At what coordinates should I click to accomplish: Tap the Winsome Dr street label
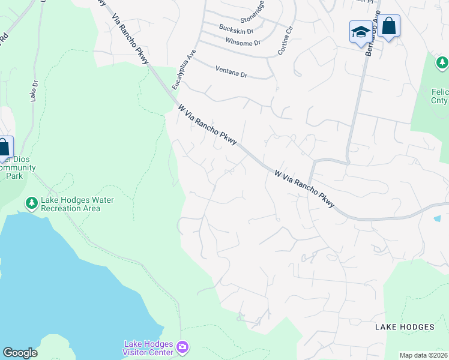[x=243, y=42]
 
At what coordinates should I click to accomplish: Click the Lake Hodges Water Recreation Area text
[x=77, y=204]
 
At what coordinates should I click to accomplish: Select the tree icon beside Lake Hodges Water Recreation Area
[x=31, y=204]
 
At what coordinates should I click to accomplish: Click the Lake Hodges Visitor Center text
[x=149, y=347]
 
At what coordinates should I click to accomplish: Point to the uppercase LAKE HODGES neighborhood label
[x=404, y=327]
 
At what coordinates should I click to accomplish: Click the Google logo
[x=20, y=353]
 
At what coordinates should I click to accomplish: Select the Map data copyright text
[x=424, y=355]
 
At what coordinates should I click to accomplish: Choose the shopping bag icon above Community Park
[x=4, y=147]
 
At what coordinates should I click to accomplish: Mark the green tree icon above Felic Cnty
[x=442, y=62]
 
